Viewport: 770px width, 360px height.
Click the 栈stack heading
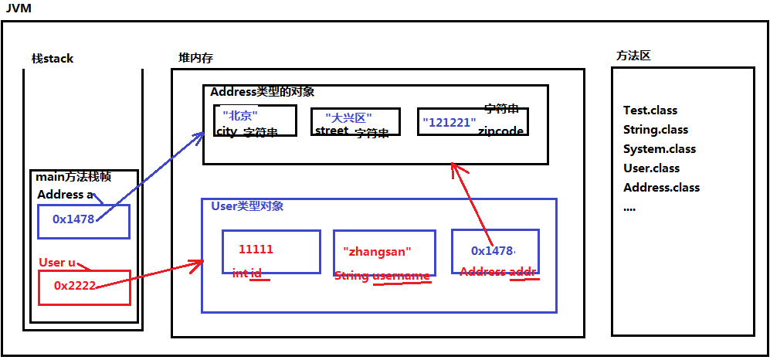point(52,59)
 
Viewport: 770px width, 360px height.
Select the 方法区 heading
point(633,56)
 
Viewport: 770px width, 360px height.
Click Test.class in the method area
point(650,110)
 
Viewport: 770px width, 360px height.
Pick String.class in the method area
point(656,130)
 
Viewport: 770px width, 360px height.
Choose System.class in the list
point(659,149)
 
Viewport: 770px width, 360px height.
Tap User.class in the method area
point(651,168)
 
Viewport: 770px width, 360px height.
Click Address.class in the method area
point(661,188)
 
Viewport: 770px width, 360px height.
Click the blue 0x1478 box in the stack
point(74,219)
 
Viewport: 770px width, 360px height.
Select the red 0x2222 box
point(75,286)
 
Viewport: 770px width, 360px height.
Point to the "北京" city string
point(239,115)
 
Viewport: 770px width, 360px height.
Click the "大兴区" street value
point(348,117)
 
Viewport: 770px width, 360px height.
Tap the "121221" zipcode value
point(449,122)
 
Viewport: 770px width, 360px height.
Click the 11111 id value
point(256,250)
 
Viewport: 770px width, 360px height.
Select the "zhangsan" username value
point(377,252)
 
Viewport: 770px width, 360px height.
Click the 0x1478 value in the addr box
point(493,250)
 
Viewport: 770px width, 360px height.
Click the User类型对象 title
point(247,206)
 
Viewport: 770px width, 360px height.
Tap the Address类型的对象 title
point(263,92)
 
